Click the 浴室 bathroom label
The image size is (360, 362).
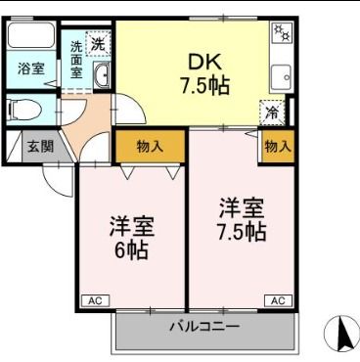(30, 69)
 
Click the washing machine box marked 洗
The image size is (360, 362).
(98, 43)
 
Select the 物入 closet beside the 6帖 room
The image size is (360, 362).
(150, 146)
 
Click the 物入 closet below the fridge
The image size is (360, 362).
(278, 146)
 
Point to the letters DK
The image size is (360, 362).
(204, 61)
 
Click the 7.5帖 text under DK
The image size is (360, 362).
(204, 85)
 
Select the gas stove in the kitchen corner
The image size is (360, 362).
(281, 34)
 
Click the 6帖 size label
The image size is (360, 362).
(128, 251)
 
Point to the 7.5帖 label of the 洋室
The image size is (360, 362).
(241, 233)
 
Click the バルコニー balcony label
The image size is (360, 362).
(204, 325)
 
